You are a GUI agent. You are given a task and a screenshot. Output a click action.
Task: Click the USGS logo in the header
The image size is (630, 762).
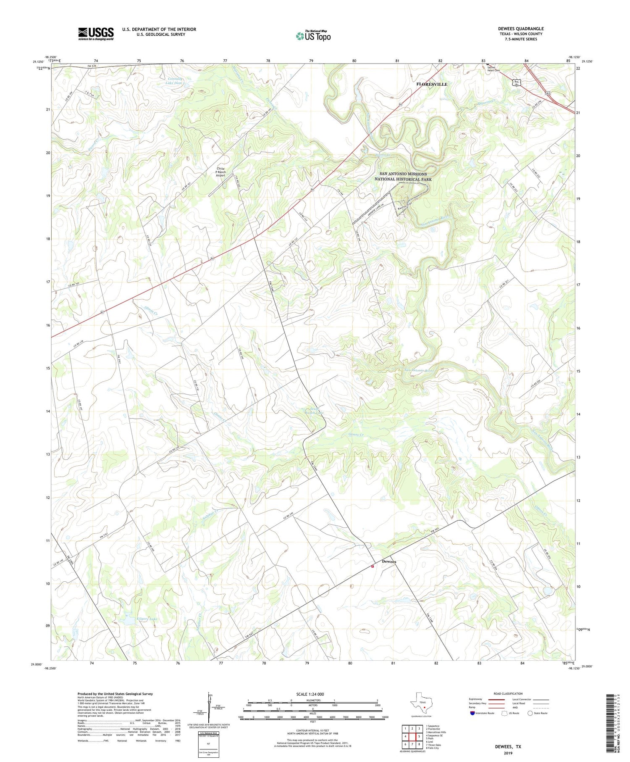(96, 34)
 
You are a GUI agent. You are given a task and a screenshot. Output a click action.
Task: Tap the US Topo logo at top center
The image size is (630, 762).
(313, 36)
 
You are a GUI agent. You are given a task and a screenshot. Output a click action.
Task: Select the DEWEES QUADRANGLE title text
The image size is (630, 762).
(520, 29)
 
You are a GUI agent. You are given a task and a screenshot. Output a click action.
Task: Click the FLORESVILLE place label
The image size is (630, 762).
(432, 84)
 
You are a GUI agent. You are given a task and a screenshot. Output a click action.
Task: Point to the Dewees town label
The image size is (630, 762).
(389, 562)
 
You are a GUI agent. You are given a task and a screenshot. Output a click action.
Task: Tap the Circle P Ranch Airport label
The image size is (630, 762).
(220, 172)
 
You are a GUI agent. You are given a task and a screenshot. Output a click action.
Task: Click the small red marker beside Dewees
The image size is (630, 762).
(372, 566)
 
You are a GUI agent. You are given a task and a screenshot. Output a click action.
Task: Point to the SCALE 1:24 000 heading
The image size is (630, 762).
(310, 694)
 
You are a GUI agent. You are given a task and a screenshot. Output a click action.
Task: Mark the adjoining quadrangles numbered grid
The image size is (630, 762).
(412, 736)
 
